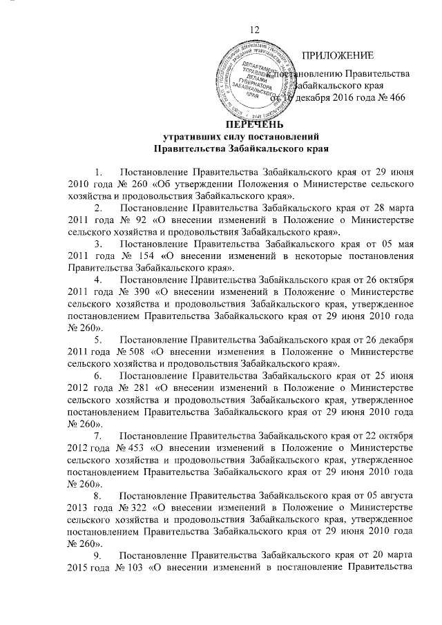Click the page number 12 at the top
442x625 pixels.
click(x=255, y=28)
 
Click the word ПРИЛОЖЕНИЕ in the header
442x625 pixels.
click(x=339, y=55)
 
